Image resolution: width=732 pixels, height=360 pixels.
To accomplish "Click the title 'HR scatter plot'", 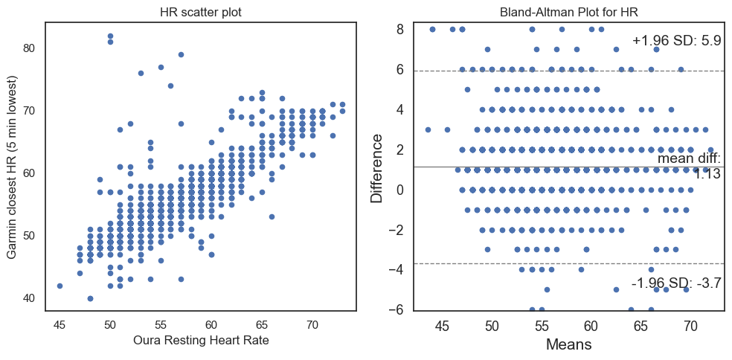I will (x=201, y=12).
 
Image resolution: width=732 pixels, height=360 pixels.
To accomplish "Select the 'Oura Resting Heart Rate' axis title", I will (x=201, y=341).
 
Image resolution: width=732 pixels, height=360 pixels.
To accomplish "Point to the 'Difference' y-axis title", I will (x=378, y=168).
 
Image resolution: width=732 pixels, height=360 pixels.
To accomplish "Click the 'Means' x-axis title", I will (x=568, y=344).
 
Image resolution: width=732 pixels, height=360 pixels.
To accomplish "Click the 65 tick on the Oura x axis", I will (x=261, y=324).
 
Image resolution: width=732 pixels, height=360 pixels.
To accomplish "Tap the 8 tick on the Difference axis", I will (x=400, y=30).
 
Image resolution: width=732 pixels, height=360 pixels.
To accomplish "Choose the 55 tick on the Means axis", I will (x=542, y=326).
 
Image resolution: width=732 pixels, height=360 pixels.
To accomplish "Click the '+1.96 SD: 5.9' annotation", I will (x=676, y=41).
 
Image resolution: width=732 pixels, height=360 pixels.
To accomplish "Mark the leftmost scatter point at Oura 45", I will (x=60, y=286).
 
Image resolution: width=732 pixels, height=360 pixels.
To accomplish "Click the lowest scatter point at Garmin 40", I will (x=90, y=298).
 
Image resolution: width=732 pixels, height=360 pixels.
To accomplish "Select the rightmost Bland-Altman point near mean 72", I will (x=710, y=150).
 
